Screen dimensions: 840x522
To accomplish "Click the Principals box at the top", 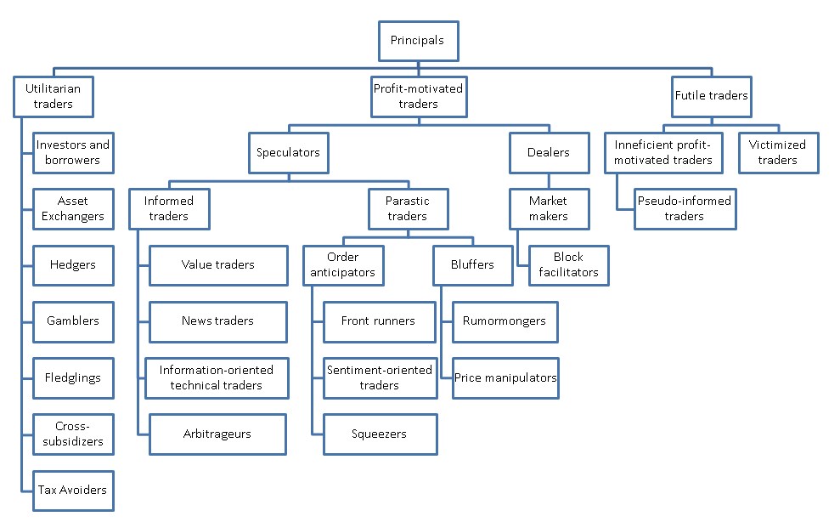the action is [419, 41].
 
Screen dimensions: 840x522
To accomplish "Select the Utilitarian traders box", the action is [54, 97].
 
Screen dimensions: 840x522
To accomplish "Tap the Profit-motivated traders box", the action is [419, 97].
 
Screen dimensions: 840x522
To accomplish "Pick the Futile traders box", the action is [712, 97].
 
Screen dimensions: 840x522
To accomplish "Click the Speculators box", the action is [288, 153].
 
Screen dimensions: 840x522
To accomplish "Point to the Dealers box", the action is [550, 153].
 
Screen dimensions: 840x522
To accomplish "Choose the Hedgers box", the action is [73, 265].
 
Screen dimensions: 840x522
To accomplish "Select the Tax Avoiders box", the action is [73, 491].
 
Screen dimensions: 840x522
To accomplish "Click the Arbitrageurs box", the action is [217, 434].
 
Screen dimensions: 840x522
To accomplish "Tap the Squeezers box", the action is [381, 434].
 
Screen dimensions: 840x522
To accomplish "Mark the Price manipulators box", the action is [505, 378].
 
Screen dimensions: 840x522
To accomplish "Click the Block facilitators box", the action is [569, 265].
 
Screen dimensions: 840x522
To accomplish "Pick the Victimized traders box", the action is [778, 153].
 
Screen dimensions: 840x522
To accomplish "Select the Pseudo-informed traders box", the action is [685, 209].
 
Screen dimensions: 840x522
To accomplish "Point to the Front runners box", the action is [380, 322].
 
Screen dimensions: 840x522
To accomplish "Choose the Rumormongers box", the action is [505, 322].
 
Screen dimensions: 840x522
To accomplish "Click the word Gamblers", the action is [73, 321].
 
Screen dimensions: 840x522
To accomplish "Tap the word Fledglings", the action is [73, 377].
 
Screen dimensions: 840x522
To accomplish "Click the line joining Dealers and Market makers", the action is [549, 181].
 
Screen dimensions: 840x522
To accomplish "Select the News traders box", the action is [218, 322].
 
